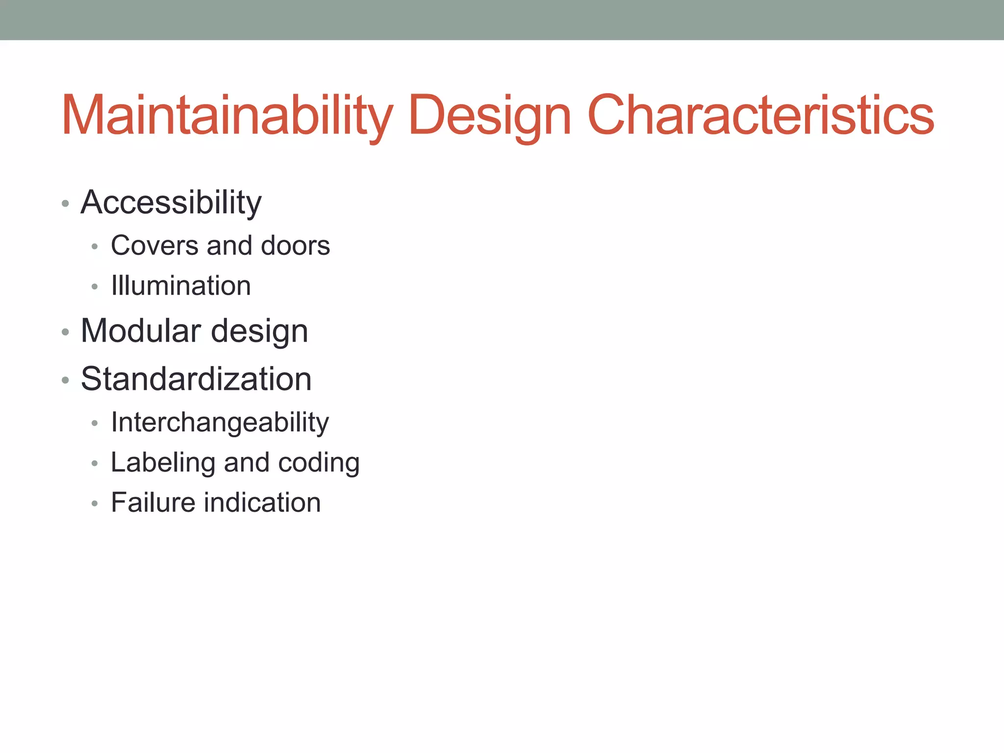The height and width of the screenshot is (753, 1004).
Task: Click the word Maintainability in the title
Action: coord(227,115)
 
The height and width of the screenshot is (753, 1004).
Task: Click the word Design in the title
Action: coord(490,115)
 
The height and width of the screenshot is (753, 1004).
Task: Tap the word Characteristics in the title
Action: coord(760,115)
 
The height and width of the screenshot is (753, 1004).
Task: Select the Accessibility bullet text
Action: coord(171,202)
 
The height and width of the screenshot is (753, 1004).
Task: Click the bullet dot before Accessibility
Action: coord(65,203)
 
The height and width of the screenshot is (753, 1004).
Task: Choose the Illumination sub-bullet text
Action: coord(181,285)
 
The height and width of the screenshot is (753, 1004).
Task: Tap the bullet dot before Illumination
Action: coord(95,287)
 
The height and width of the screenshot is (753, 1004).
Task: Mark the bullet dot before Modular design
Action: coord(65,332)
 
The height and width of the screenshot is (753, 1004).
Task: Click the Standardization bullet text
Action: coord(196,379)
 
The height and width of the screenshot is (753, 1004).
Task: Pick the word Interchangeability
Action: coord(220,422)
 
